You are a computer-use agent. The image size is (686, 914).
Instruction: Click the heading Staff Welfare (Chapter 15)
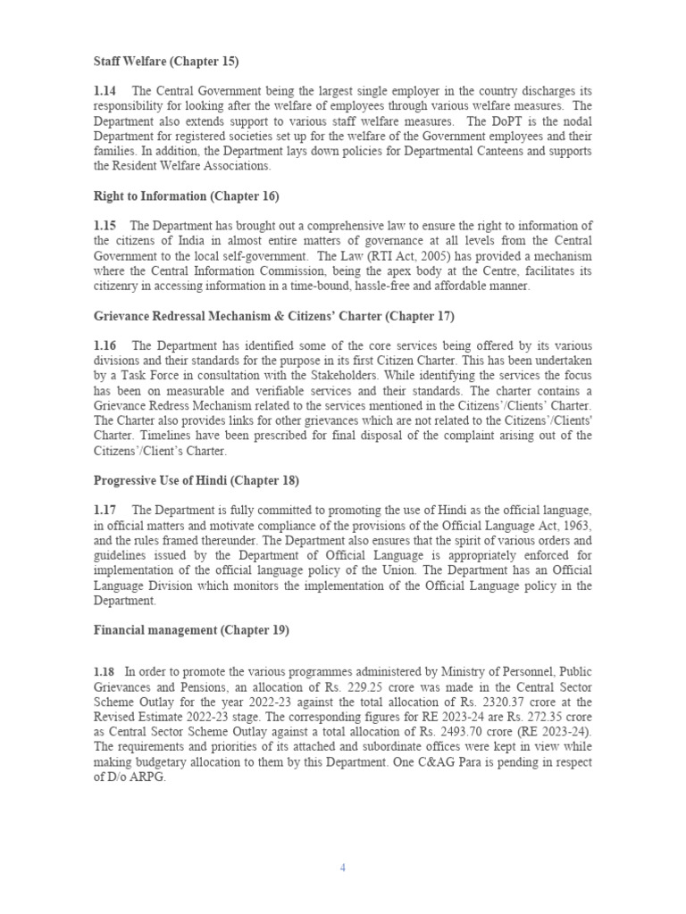(x=167, y=61)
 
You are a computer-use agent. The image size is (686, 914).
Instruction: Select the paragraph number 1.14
(x=106, y=91)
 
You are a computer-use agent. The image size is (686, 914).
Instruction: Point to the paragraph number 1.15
(x=106, y=226)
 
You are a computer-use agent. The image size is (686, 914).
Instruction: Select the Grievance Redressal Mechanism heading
(x=274, y=316)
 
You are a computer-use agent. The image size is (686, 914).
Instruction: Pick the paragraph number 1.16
(x=106, y=345)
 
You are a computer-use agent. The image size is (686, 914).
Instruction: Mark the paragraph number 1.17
(x=106, y=511)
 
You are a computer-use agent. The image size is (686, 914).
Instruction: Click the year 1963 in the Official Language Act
(x=575, y=526)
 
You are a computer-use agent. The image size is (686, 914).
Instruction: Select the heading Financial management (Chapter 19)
(x=191, y=630)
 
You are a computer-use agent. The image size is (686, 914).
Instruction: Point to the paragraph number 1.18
(x=105, y=671)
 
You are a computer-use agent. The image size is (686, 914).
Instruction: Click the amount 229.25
(x=382, y=686)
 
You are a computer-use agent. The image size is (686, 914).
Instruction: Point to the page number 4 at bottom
(x=342, y=868)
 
